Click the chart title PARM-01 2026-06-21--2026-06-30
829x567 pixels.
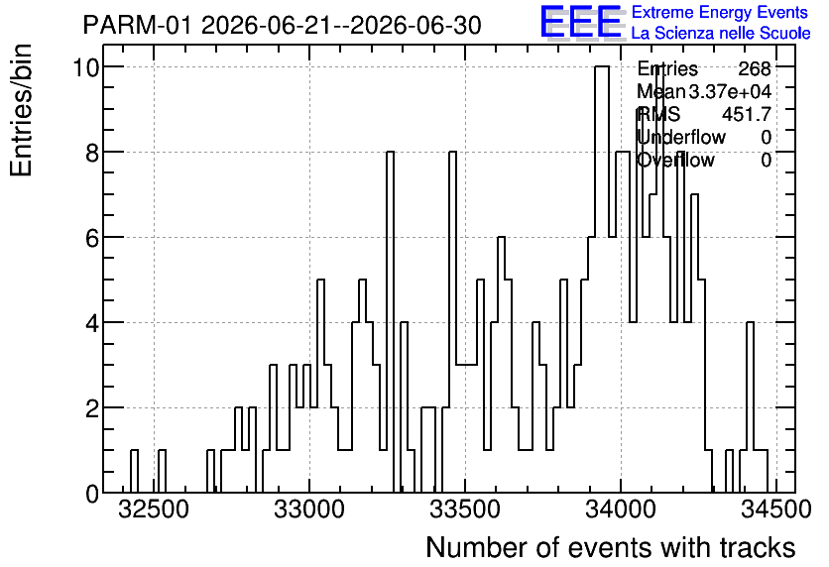click(283, 25)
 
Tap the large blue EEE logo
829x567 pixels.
click(581, 22)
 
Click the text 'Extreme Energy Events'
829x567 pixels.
click(720, 12)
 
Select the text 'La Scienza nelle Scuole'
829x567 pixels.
click(721, 33)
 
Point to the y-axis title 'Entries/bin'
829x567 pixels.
click(22, 110)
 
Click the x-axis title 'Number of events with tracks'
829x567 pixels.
click(611, 547)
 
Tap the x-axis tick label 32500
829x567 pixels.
click(154, 510)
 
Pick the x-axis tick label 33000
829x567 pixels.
click(309, 510)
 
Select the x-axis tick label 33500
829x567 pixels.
click(465, 510)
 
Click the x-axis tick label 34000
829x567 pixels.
click(621, 510)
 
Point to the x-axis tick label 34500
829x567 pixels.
click(775, 510)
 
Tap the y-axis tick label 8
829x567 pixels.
click(92, 153)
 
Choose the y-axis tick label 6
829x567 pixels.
click(92, 238)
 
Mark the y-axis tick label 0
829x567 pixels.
click(92, 494)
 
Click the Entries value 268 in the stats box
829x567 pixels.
click(755, 68)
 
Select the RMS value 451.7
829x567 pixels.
click(747, 114)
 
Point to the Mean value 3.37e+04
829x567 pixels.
click(730, 92)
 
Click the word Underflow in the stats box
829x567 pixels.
click(681, 138)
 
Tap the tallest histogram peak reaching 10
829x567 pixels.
click(602, 67)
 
